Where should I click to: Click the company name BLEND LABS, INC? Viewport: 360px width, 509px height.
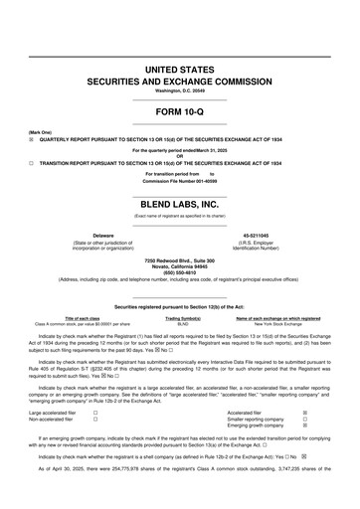point(179,203)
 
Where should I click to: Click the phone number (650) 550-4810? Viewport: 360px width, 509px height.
point(179,272)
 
